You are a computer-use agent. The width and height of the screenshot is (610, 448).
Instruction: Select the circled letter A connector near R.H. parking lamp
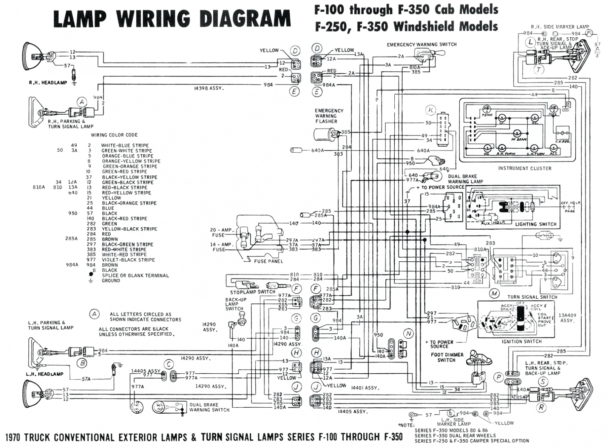click(x=82, y=101)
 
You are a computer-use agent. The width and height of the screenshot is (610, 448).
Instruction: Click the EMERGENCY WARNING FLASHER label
click(x=329, y=116)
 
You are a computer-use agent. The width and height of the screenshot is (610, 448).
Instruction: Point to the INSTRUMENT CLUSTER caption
click(x=525, y=169)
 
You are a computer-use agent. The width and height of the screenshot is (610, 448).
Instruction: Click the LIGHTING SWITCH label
click(x=536, y=224)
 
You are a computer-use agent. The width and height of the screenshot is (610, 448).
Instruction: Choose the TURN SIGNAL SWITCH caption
click(x=532, y=297)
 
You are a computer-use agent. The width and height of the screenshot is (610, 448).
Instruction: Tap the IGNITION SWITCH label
click(x=522, y=342)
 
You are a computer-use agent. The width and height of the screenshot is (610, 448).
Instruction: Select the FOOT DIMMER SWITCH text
click(x=446, y=357)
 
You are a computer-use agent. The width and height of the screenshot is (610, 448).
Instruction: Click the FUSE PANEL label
click(x=268, y=261)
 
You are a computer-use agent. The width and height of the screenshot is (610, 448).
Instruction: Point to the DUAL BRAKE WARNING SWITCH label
click(x=209, y=407)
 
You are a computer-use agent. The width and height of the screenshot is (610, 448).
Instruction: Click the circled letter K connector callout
click(x=430, y=110)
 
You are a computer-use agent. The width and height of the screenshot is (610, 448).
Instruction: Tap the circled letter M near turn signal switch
click(x=494, y=293)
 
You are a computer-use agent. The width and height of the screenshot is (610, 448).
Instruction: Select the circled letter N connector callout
click(x=408, y=334)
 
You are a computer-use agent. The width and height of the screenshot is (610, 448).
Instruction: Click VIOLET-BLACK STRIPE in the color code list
click(x=128, y=260)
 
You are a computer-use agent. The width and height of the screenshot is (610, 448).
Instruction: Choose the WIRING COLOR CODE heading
click(x=114, y=135)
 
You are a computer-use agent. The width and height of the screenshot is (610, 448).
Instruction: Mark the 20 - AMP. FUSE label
click(x=222, y=232)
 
